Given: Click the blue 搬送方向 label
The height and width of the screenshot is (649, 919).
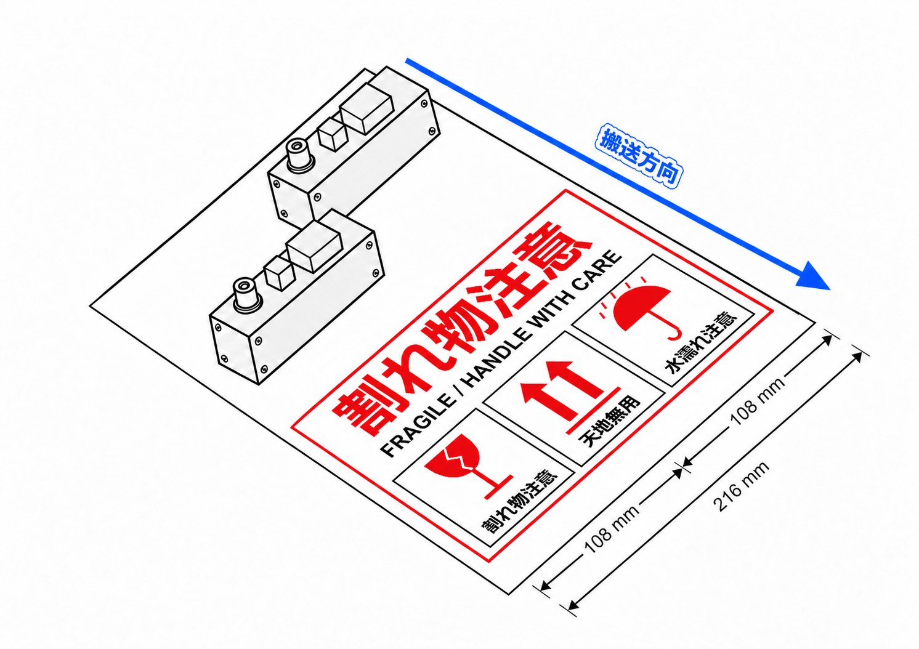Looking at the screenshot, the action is point(639,156).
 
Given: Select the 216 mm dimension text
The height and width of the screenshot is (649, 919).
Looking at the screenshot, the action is point(742,486).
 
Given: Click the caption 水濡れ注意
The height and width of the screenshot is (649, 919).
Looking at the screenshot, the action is point(701,344).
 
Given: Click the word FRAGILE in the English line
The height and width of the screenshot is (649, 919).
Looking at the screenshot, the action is point(418,427).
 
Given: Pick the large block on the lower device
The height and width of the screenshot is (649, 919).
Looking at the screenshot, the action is point(314,246).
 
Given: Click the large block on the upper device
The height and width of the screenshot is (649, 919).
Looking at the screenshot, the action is point(366,108).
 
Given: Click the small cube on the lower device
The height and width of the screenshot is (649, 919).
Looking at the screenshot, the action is point(279,273).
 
